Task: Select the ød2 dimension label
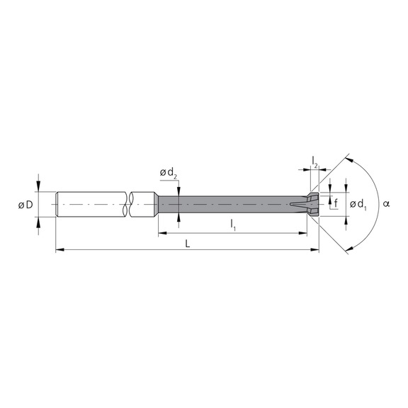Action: (x=168, y=173)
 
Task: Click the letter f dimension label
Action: (x=336, y=203)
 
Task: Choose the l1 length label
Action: (x=233, y=225)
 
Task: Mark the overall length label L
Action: (x=187, y=242)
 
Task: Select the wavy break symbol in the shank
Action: (x=127, y=205)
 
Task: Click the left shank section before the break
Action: (x=89, y=205)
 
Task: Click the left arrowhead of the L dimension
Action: (x=59, y=249)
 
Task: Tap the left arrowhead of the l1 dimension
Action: (x=162, y=232)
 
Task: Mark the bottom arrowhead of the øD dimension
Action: (x=38, y=222)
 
